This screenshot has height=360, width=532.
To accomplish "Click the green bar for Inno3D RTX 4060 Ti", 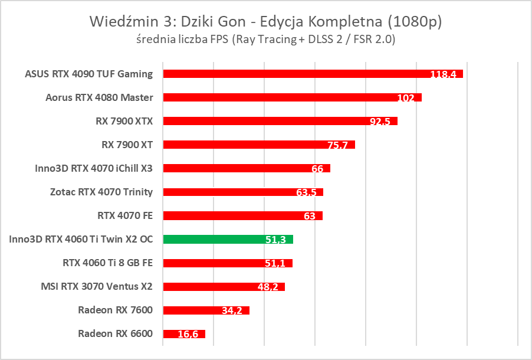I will coord(228,239).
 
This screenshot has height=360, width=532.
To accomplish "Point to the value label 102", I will coord(406,98).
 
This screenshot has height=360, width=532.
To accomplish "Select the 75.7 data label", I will coord(339,145).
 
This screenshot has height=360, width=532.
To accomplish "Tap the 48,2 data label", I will coord(269,287).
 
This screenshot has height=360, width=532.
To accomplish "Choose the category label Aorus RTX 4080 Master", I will coord(99,97).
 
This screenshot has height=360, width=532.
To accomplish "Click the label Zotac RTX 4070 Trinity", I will coord(101,192).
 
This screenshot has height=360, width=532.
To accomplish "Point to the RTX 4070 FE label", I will coord(125,215).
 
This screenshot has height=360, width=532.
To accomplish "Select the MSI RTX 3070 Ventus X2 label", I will coord(97,287).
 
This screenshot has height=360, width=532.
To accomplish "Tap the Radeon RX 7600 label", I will coord(115,310).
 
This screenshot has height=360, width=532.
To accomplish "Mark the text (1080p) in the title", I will coord(413,22).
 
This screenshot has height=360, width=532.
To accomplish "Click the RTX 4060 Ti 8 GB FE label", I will coord(107,263).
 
